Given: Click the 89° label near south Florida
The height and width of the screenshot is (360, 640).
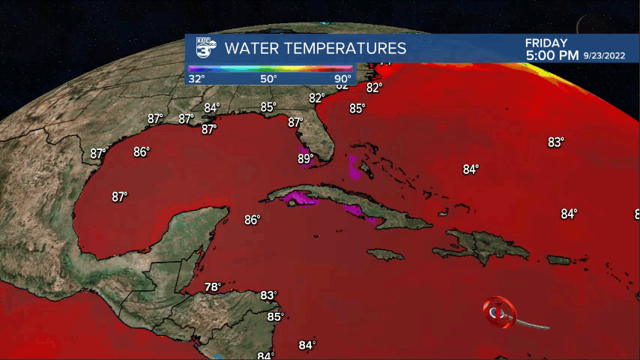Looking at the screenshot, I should pyautogui.click(x=305, y=158).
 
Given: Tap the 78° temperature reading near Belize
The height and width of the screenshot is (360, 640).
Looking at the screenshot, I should pyautogui.click(x=214, y=286).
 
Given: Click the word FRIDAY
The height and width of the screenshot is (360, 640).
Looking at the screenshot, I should pyautogui.click(x=546, y=43).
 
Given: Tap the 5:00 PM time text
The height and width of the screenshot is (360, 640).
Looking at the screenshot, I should pyautogui.click(x=552, y=55).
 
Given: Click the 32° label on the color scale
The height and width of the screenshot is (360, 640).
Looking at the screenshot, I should pyautogui.click(x=197, y=79).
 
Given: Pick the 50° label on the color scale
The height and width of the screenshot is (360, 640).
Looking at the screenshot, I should pyautogui.click(x=269, y=79).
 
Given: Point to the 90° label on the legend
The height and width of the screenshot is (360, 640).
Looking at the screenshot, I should pyautogui.click(x=342, y=79).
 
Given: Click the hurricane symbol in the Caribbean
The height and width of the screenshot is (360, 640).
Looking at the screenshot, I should pyautogui.click(x=499, y=310).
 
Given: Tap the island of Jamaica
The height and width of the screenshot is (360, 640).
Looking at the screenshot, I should pyautogui.click(x=386, y=255).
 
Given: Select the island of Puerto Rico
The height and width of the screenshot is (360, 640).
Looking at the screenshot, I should pyautogui.click(x=559, y=259).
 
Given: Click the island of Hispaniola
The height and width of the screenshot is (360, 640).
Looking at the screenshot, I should pyautogui.click(x=480, y=244).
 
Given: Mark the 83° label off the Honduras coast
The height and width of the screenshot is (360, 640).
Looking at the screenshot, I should pyautogui.click(x=268, y=295).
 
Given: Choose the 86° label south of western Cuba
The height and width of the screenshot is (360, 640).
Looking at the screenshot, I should pyautogui.click(x=252, y=220).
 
